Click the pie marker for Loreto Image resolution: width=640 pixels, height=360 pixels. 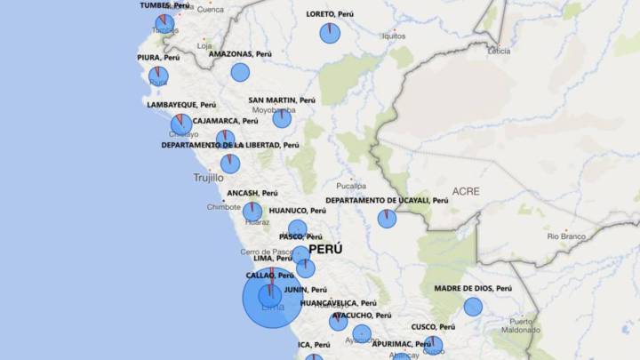coord(330,34)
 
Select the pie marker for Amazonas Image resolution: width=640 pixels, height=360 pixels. coord(240,73)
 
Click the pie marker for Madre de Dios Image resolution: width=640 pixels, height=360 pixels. coord(473,307)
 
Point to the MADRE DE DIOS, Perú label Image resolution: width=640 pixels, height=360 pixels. coord(473,289)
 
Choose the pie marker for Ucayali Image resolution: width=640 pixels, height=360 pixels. coord(387,219)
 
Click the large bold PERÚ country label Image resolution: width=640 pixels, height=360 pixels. coord(325,250)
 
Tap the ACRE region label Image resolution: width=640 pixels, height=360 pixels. coord(465,191)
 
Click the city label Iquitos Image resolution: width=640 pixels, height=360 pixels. coord(394,36)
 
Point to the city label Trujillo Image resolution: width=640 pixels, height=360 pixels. coord(209,178)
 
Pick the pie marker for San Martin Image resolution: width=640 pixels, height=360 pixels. coord(282,118)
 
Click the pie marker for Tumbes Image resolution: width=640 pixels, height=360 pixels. coord(164,23)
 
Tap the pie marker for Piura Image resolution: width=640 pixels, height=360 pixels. coord(158,76)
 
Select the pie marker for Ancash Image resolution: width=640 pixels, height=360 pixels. coord(252,212)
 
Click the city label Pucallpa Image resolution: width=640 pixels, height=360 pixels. coord(351,186)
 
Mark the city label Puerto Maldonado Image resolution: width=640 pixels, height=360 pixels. coord(521,325)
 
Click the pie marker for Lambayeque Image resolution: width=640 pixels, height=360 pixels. coord(181,124)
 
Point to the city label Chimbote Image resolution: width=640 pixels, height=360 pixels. coord(223,207)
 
